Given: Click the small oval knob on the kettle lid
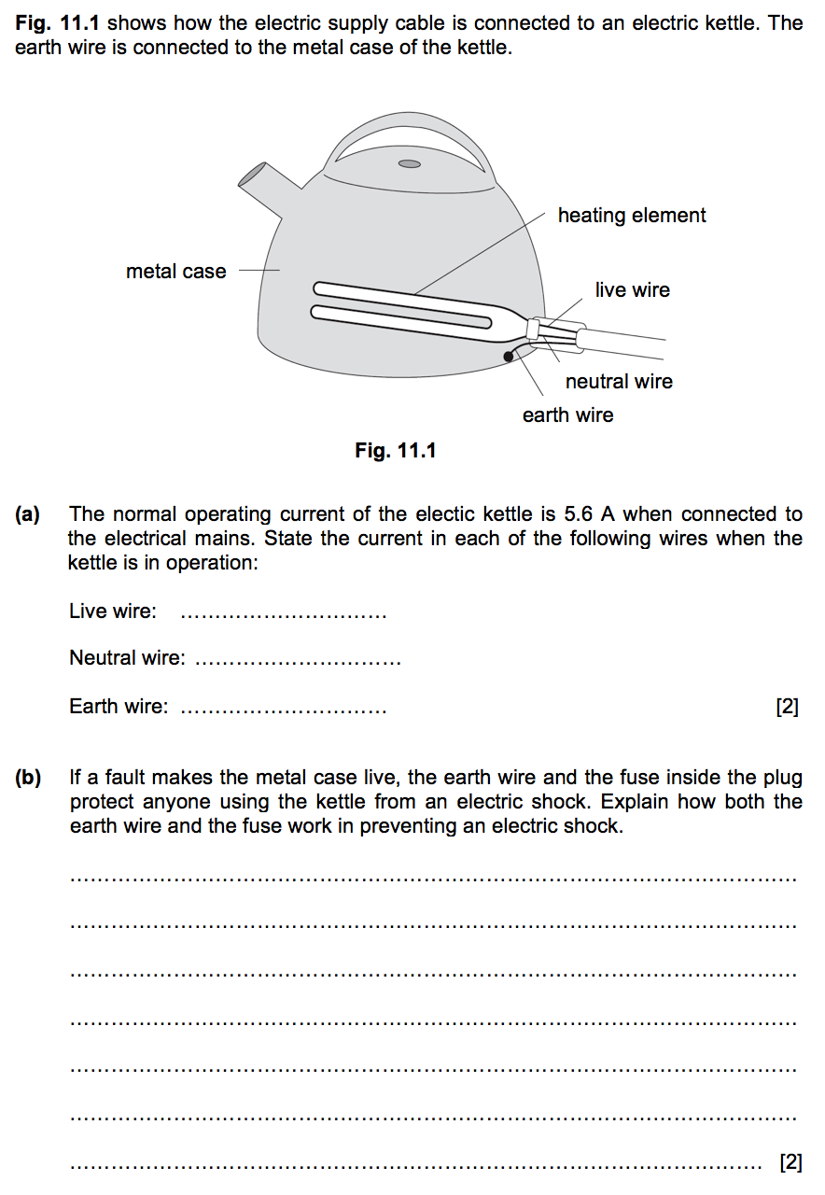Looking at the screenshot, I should pyautogui.click(x=409, y=164).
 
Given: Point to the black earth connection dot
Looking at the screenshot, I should pyautogui.click(x=509, y=356).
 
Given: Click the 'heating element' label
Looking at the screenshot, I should pyautogui.click(x=632, y=216).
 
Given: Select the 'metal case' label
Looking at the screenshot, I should pyautogui.click(x=176, y=272).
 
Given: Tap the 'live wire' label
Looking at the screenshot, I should pyautogui.click(x=633, y=290).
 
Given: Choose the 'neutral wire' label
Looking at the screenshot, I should pyautogui.click(x=619, y=382).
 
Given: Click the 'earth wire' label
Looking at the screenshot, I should pyautogui.click(x=568, y=415).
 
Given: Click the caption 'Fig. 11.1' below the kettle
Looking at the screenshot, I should pyautogui.click(x=396, y=451).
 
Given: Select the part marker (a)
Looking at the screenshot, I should pyautogui.click(x=28, y=514).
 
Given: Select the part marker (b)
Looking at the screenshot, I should pyautogui.click(x=28, y=778).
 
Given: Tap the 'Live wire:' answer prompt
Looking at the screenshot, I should pyautogui.click(x=113, y=612).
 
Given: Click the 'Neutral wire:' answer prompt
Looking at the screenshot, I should pyautogui.click(x=127, y=659).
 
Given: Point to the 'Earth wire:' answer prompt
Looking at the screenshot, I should pyautogui.click(x=119, y=707).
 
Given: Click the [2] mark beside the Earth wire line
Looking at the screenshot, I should pyautogui.click(x=788, y=708).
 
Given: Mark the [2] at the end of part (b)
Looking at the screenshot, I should pyautogui.click(x=790, y=1162).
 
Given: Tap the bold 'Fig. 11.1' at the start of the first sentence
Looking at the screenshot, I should pyautogui.click(x=58, y=22).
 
